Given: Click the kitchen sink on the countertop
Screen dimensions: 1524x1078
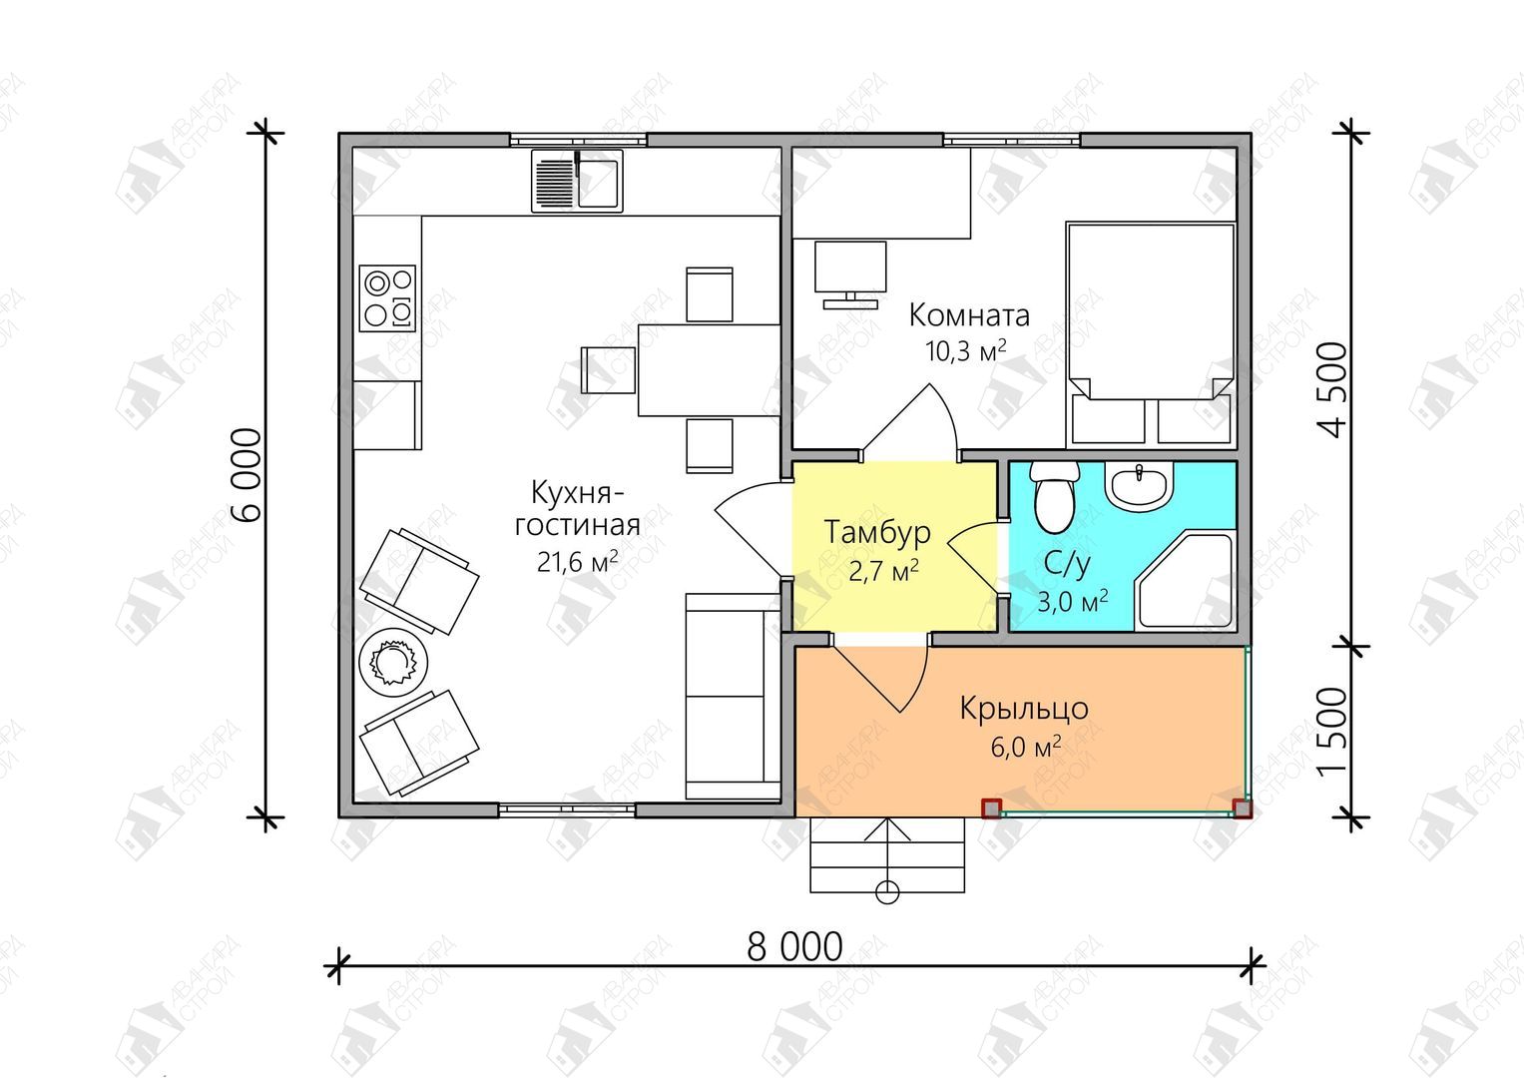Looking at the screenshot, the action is (577, 181).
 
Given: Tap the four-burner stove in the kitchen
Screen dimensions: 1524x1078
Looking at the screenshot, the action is (387, 298).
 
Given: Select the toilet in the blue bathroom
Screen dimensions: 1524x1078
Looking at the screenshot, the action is (1054, 497).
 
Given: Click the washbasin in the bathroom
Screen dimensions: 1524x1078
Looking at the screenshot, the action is (1139, 484).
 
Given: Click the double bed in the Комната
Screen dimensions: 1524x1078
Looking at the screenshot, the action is (1151, 333).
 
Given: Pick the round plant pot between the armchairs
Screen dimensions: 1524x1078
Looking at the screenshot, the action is (392, 661).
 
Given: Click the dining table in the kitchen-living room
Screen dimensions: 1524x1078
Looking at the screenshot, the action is (709, 370).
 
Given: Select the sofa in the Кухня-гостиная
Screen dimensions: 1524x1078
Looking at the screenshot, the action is (733, 697).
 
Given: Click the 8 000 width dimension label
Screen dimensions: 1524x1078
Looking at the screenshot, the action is (794, 946).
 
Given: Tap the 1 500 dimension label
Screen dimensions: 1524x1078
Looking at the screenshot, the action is (1332, 733).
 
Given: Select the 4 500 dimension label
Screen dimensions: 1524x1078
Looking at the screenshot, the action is (1332, 390).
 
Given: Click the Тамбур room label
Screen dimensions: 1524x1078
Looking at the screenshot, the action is (877, 531).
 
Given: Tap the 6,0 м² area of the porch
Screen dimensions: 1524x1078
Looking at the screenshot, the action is (1025, 748).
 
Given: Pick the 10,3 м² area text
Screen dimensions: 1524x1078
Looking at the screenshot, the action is (965, 351).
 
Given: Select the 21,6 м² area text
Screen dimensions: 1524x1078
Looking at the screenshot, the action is (577, 562).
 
